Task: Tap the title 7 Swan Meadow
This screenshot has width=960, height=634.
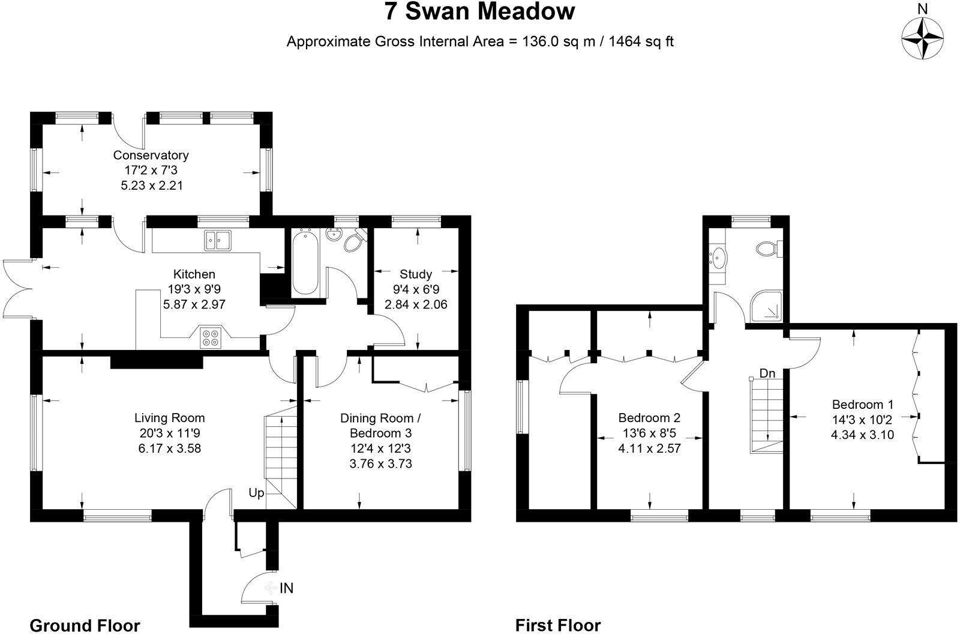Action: pyautogui.click(x=479, y=11)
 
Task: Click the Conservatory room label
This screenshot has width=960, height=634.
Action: pyautogui.click(x=151, y=155)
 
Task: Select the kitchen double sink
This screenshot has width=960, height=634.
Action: pyautogui.click(x=218, y=240)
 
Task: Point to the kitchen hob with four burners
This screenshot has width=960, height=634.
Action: pyautogui.click(x=211, y=337)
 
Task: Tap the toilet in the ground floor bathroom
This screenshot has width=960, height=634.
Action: pyautogui.click(x=355, y=241)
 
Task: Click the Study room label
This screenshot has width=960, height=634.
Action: pyautogui.click(x=416, y=274)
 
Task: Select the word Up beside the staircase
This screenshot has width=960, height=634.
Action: pyautogui.click(x=256, y=493)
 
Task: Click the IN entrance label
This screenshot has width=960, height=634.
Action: pyautogui.click(x=287, y=588)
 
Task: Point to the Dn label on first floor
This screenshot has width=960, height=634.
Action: pyautogui.click(x=767, y=373)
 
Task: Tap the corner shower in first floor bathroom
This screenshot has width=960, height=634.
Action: pyautogui.click(x=766, y=306)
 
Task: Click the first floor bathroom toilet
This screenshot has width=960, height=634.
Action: pyautogui.click(x=770, y=249)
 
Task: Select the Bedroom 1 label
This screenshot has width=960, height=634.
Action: pyautogui.click(x=863, y=404)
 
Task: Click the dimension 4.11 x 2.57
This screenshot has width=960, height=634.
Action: pyautogui.click(x=649, y=448)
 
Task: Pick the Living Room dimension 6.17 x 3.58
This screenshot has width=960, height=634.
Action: pyautogui.click(x=170, y=448)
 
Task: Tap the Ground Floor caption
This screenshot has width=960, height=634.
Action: pyautogui.click(x=85, y=626)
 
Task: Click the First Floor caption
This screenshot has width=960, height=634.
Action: pyautogui.click(x=558, y=626)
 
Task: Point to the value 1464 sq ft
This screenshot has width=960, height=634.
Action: pyautogui.click(x=641, y=41)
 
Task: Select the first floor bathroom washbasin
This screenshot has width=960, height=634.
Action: pyautogui.click(x=718, y=258)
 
